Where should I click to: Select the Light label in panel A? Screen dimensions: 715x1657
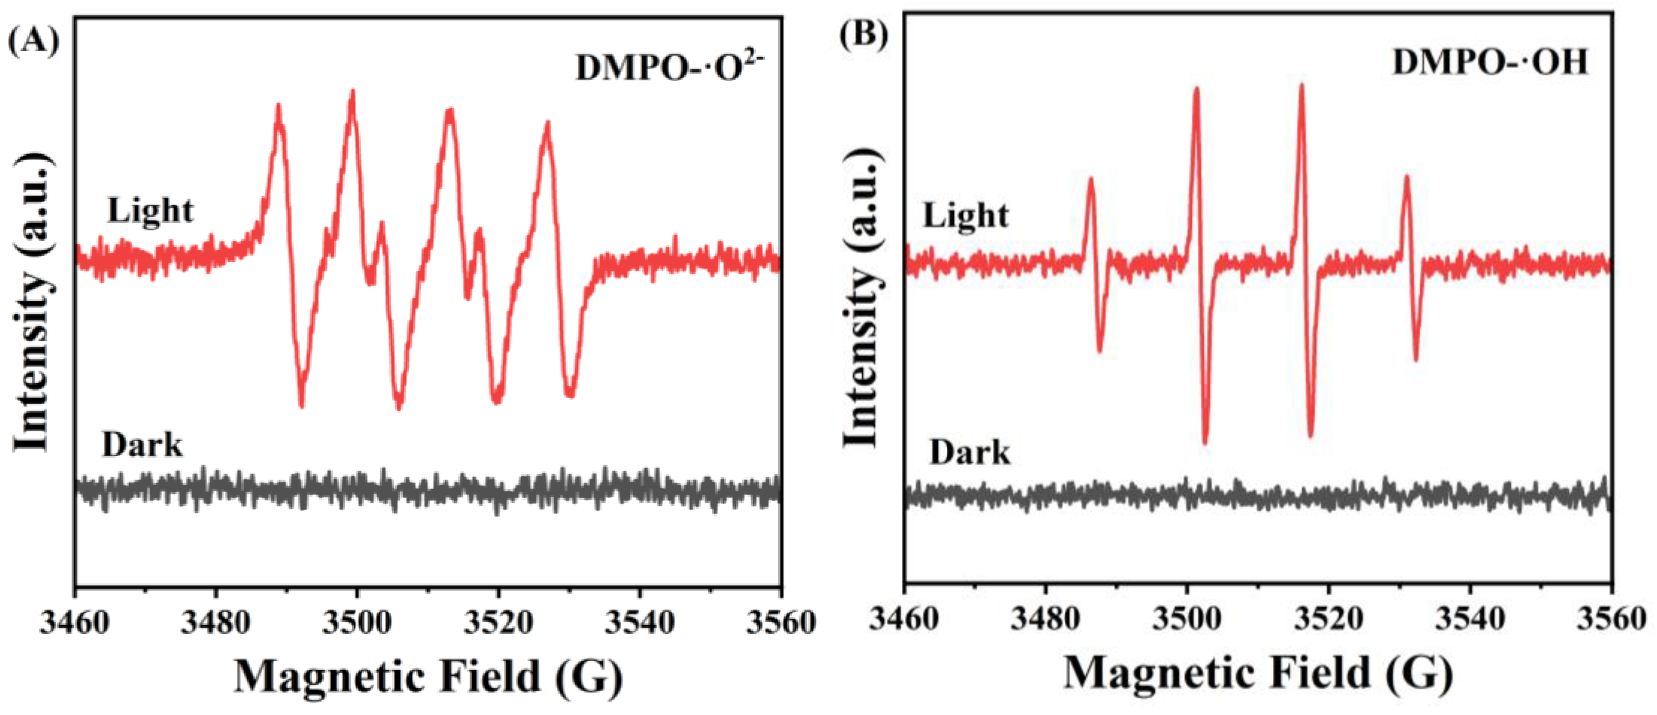point(150,210)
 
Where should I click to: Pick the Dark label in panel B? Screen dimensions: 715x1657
point(969,453)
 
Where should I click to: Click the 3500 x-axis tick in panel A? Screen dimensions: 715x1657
point(357,622)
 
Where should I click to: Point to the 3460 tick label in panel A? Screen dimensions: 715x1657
point(75,622)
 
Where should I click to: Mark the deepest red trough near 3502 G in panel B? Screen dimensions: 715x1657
point(1205,442)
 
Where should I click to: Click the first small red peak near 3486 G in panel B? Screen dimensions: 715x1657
point(1091,181)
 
